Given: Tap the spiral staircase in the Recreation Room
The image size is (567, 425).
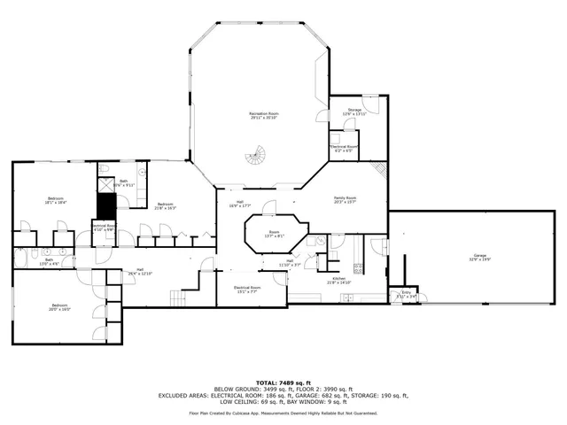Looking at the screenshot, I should point(255,158).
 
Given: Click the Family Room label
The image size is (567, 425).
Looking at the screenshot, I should point(345,199).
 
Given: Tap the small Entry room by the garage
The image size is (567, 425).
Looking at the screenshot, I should point(407,294).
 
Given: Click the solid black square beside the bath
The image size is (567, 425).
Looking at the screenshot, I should point(106,205).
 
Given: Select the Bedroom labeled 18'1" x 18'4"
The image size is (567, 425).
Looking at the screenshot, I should point(55,200).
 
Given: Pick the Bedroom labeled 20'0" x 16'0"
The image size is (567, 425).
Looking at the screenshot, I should point(59,307).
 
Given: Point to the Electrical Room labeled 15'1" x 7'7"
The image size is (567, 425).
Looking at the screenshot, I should point(247,290).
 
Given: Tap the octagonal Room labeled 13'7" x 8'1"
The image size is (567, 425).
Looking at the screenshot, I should point(274,235).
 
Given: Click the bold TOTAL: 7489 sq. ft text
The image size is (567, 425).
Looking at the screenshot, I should point(283,382).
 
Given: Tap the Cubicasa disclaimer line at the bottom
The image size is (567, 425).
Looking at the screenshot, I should point(283,413).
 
